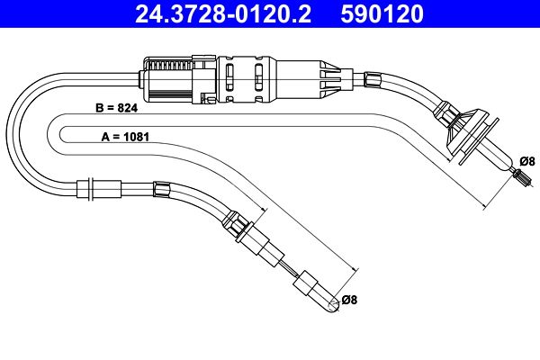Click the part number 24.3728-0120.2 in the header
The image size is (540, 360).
coord(223,13)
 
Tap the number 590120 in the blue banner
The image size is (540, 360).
coord(382,13)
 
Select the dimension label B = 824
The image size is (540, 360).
coord(116,108)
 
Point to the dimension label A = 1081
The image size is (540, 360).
coord(125,137)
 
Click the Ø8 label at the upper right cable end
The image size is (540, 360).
coord(527,161)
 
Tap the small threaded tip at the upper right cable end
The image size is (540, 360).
coord(522,179)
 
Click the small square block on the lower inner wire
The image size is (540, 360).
coord(305,283)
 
